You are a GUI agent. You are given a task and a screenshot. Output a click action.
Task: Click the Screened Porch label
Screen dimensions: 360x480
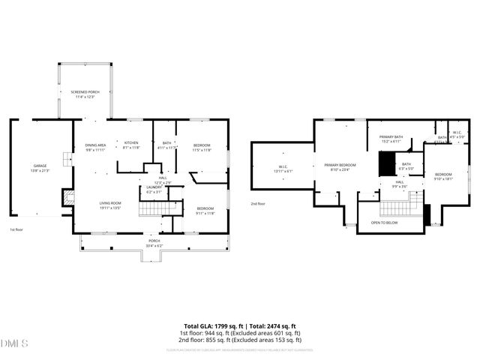tap(85, 94)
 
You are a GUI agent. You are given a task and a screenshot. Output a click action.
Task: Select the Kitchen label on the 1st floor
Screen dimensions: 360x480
tap(131, 145)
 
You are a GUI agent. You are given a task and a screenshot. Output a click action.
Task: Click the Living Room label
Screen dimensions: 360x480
tap(111, 205)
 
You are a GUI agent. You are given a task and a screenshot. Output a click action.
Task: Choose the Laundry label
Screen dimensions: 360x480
tap(153, 190)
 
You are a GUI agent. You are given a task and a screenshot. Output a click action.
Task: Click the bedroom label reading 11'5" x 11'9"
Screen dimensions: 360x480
tap(202, 147)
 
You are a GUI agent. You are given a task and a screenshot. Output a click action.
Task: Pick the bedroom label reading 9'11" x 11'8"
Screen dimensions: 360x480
tap(205, 211)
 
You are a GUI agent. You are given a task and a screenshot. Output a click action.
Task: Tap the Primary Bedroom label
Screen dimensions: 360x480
tap(340, 167)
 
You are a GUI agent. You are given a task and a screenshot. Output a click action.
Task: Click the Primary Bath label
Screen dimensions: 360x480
tap(391, 139)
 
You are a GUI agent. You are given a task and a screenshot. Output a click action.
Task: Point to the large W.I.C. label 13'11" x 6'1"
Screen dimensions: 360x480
tap(283, 169)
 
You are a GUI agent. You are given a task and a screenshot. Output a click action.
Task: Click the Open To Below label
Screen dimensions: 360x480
tap(385, 223)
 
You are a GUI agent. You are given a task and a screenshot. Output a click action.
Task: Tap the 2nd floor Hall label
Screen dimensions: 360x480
tap(400, 184)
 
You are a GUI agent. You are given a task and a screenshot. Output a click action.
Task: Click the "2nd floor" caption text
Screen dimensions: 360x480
tap(258, 203)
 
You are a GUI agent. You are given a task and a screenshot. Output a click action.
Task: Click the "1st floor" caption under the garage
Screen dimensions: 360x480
tap(16, 229)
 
